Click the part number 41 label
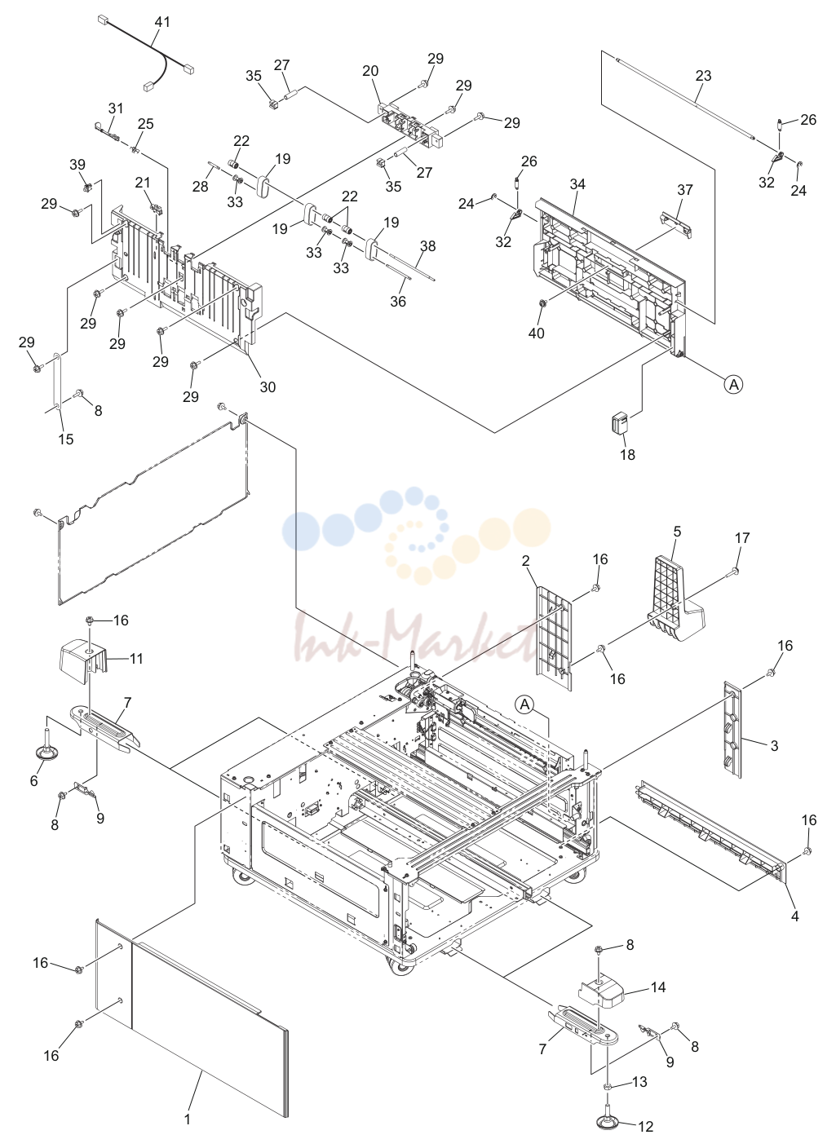point(162,22)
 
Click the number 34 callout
point(577,183)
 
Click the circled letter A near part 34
point(733,384)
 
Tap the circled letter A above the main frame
point(525,704)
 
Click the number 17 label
point(741,537)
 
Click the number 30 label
point(268,387)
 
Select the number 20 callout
point(370,71)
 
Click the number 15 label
point(66,439)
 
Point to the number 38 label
point(427,246)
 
